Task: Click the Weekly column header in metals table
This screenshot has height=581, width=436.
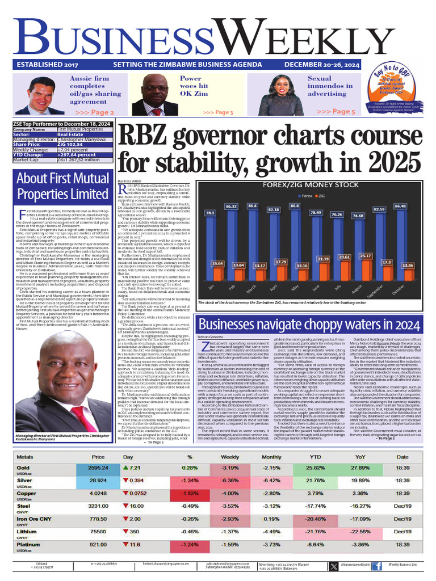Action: click(230, 457)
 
